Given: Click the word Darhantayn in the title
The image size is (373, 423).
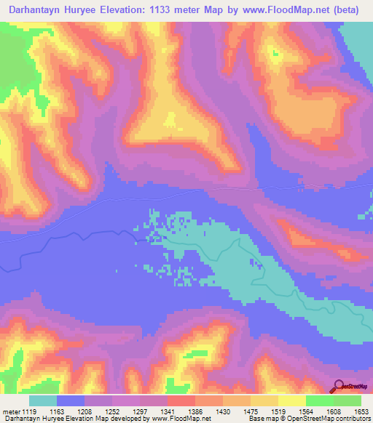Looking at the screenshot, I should point(37,9).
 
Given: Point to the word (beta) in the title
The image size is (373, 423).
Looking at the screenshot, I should point(352,9).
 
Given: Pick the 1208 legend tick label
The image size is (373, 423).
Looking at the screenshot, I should point(86,411).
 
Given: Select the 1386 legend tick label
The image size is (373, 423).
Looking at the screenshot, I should point(197,411).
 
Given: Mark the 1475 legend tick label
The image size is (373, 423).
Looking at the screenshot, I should point(251,411).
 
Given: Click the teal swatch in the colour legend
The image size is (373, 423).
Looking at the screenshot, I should point(43,400).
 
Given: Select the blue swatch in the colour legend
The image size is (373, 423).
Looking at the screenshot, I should point(71,400).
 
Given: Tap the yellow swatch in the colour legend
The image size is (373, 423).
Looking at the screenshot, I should point(291,400).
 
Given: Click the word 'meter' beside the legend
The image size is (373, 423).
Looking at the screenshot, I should point(9,411).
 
